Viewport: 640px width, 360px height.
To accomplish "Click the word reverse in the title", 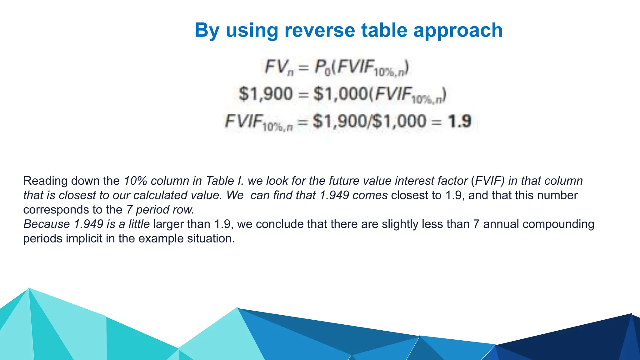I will click(x=320, y=30).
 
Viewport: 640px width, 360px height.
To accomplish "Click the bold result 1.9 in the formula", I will click(x=459, y=121).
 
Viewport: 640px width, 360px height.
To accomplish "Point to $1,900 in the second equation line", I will click(x=266, y=94).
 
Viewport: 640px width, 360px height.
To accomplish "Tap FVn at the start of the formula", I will click(x=279, y=67).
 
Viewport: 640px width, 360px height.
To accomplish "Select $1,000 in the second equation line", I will click(x=340, y=94).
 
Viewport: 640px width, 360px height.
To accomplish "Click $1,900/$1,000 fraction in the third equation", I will click(x=369, y=121).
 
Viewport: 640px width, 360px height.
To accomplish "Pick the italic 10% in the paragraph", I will click(x=135, y=181).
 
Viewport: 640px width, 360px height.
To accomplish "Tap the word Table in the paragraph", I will click(x=220, y=181).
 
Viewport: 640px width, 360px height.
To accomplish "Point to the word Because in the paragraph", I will click(x=47, y=224).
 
